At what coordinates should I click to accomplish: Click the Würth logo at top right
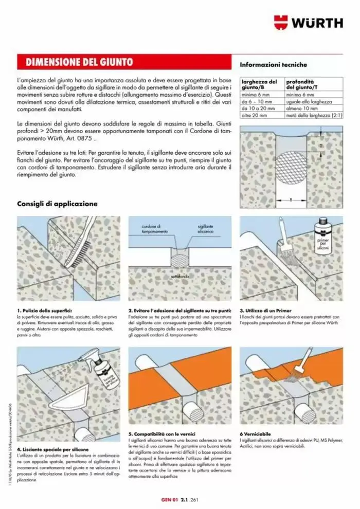(x=309, y=23)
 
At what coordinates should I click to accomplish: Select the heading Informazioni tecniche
(x=273, y=65)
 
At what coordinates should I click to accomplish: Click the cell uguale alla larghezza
(x=309, y=102)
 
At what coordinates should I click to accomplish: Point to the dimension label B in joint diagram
(x=290, y=199)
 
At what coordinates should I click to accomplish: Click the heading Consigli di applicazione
(x=57, y=204)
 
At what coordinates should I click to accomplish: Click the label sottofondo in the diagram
(x=178, y=277)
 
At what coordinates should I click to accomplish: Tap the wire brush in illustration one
(x=82, y=242)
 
